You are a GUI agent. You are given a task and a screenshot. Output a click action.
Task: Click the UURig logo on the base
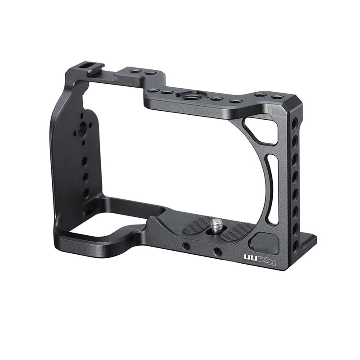tap(260, 259)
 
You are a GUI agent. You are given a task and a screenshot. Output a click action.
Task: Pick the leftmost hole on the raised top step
tap(133, 71)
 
